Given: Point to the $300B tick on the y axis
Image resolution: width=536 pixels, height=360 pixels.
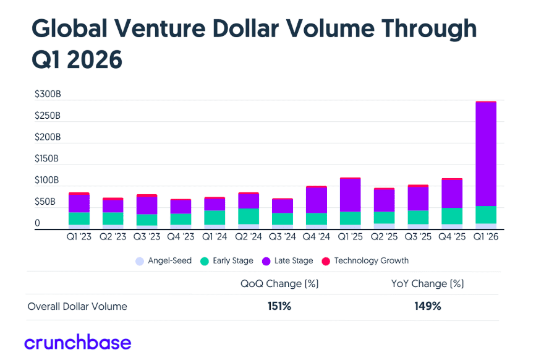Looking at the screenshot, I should (x=47, y=94).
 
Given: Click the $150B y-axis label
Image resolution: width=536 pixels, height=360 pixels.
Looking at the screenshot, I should (x=47, y=159).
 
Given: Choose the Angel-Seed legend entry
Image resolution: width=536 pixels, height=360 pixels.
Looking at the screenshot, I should (x=164, y=261).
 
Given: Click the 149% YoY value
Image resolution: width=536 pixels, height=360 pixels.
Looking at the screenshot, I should (x=428, y=306).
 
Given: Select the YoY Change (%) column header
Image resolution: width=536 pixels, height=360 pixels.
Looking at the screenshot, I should (x=428, y=284).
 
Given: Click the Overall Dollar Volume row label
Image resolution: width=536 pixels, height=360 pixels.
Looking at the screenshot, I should (x=77, y=306).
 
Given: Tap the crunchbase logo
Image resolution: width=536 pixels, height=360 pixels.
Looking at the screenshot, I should (x=78, y=342).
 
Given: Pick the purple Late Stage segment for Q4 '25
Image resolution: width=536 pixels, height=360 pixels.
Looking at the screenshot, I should (x=452, y=194).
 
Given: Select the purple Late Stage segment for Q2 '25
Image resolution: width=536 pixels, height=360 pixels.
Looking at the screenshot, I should (x=385, y=200).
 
